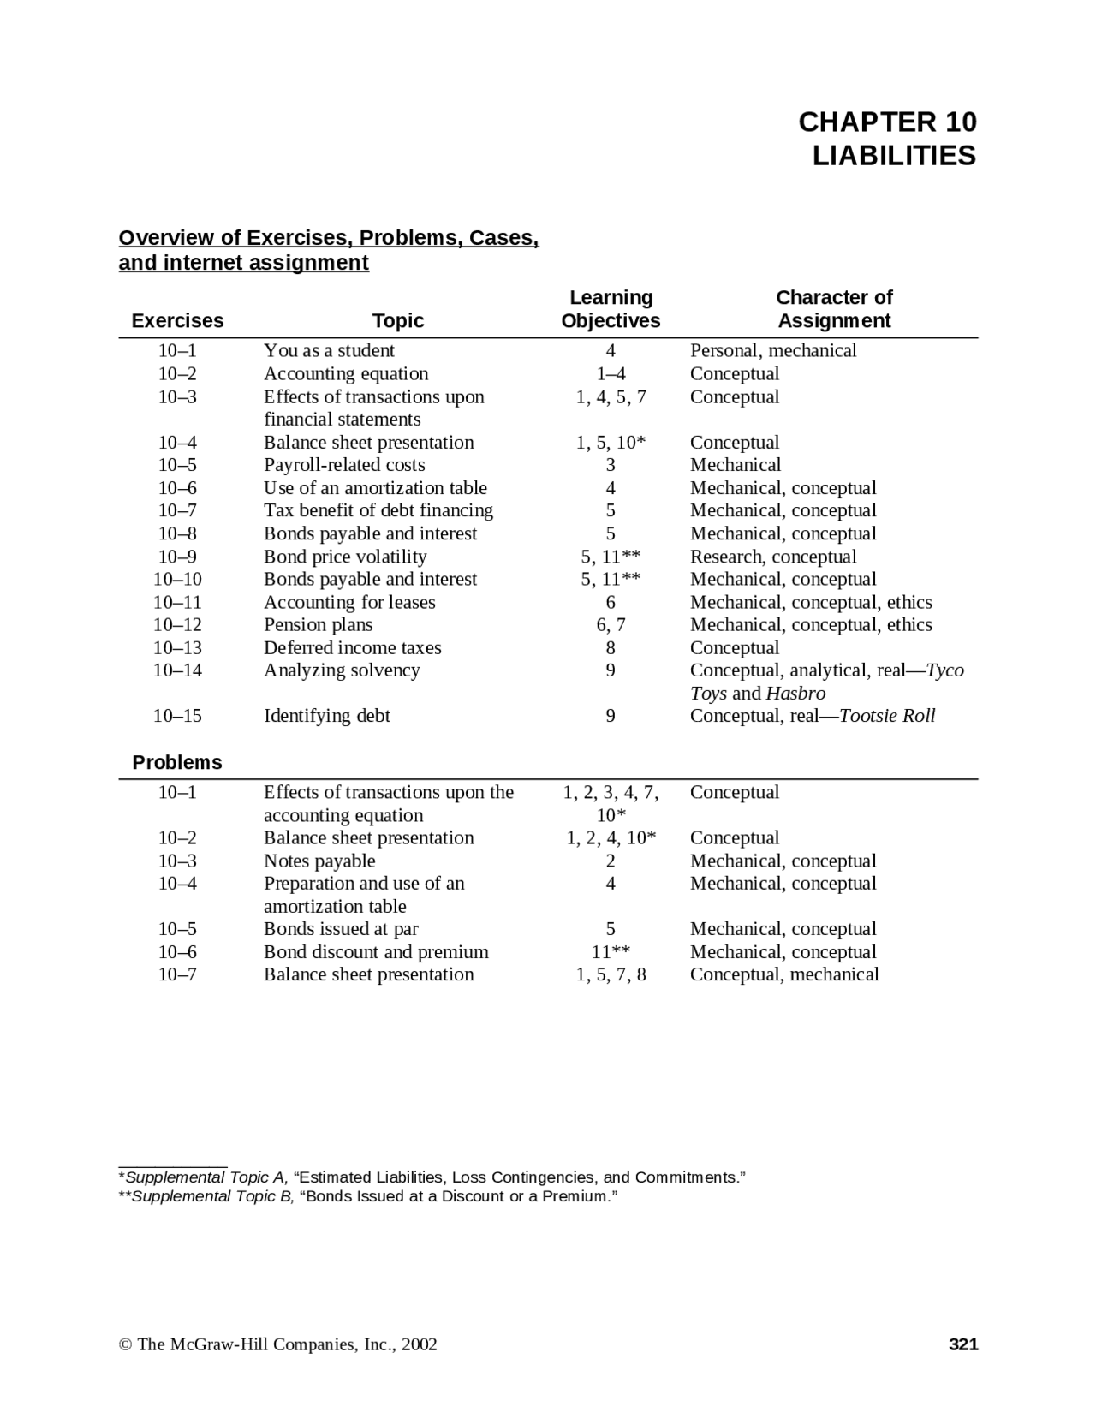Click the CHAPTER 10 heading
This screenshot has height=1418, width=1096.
[x=887, y=122]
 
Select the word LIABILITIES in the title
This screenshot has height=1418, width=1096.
[x=894, y=156]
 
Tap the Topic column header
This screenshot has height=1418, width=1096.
[x=398, y=321]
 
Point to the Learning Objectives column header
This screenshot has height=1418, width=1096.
[x=611, y=309]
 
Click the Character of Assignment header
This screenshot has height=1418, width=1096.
[x=834, y=309]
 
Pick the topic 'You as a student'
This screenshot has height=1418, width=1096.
[x=329, y=350]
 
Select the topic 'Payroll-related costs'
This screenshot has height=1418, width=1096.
[x=344, y=465]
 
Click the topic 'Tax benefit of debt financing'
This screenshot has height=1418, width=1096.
[x=378, y=510]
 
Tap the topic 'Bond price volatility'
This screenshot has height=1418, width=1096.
[x=345, y=557]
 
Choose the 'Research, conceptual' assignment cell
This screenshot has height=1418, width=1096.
[x=773, y=557]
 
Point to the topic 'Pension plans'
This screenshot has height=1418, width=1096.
[x=319, y=625]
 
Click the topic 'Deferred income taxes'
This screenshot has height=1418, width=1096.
[x=353, y=648]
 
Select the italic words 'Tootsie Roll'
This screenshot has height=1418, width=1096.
[x=887, y=716]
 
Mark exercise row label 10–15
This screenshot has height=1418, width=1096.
[x=177, y=716]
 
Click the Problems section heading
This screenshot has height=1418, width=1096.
[x=177, y=763]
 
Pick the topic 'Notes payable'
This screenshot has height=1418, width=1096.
[x=319, y=861]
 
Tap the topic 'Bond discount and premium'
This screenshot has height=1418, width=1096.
[x=376, y=952]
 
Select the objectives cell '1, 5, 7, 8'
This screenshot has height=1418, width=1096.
[x=611, y=974]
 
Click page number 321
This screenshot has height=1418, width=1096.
[x=963, y=1344]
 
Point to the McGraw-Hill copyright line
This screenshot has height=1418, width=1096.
[x=278, y=1344]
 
